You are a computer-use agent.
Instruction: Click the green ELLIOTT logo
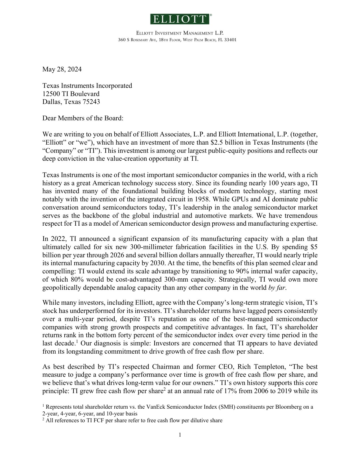[x=180, y=19]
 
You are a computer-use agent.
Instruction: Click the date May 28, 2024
[x=62, y=69]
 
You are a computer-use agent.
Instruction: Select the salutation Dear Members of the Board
[x=83, y=118]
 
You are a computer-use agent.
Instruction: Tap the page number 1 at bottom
[x=180, y=435]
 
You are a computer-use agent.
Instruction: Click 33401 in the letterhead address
[x=230, y=40]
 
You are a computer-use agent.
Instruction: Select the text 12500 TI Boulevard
[x=71, y=94]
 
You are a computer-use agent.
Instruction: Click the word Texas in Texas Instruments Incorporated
[x=51, y=86]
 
